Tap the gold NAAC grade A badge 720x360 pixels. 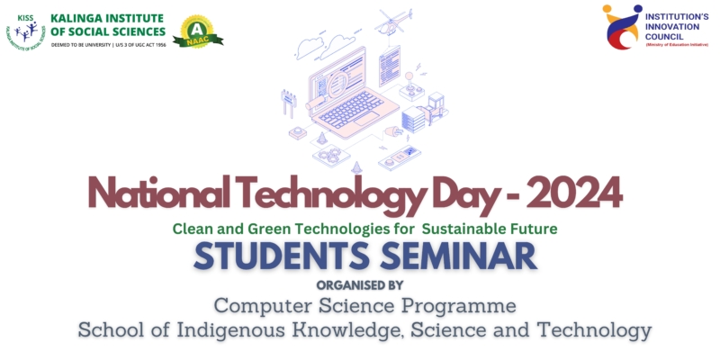pyautogui.click(x=197, y=32)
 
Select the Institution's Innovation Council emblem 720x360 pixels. pyautogui.click(x=620, y=27)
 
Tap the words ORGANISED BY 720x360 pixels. pyautogui.click(x=360, y=283)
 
